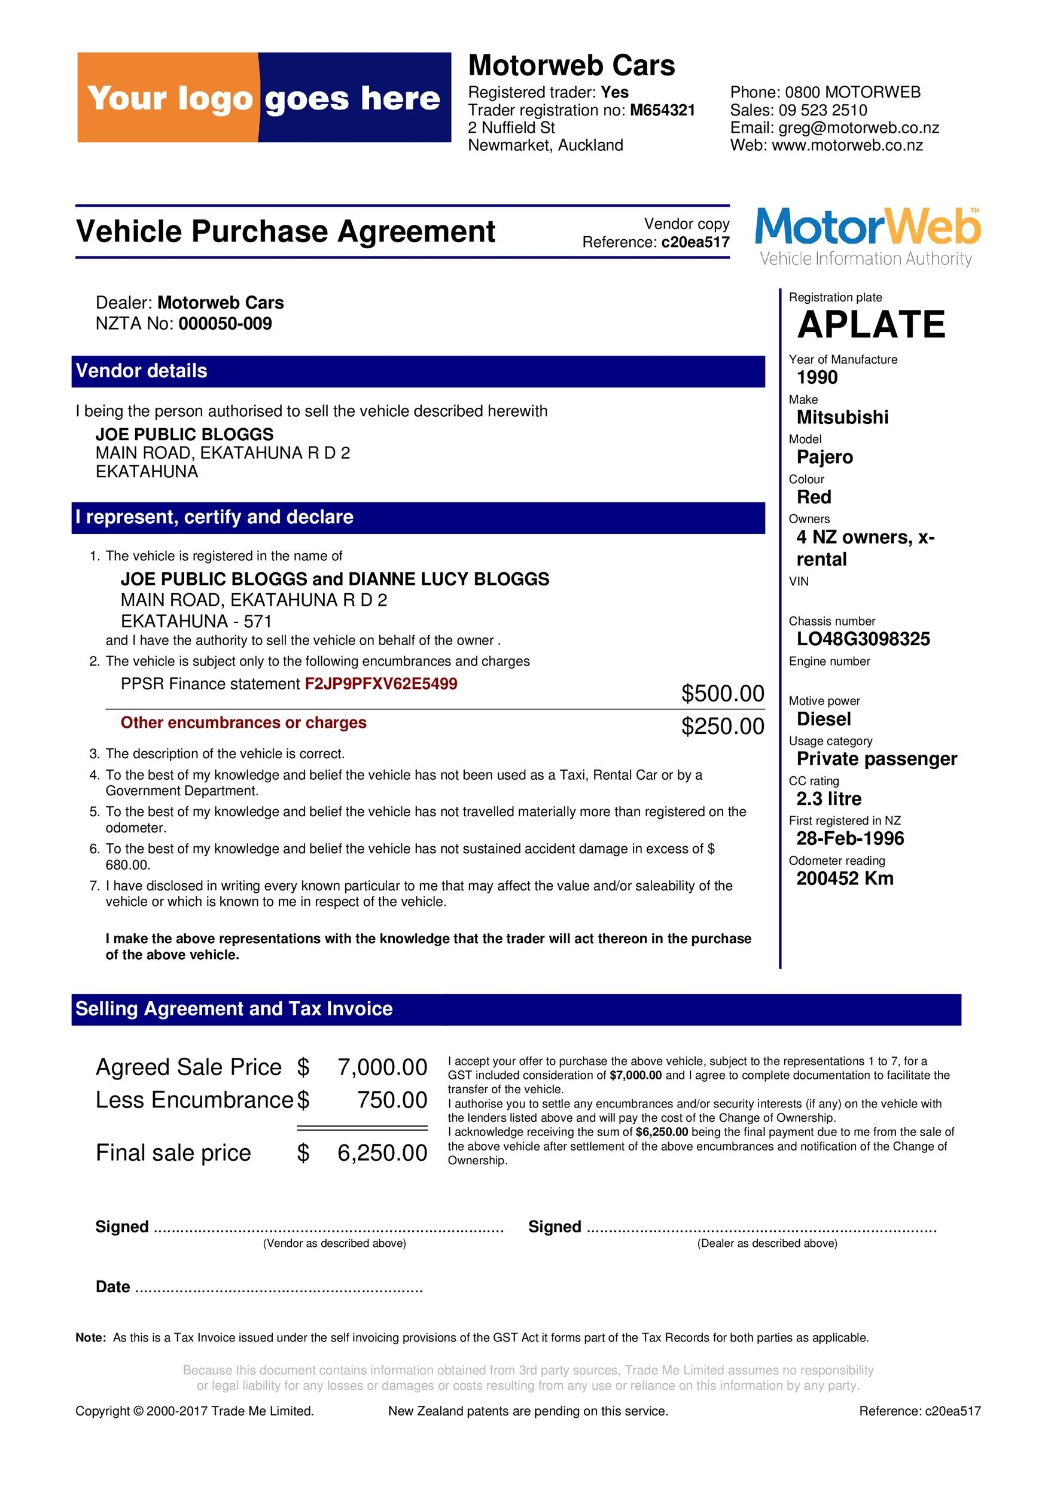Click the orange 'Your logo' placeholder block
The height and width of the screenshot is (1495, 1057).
point(168,97)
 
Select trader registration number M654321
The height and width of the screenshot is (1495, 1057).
point(662,110)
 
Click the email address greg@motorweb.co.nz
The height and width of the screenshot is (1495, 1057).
point(858,127)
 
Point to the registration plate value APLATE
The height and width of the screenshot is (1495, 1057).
point(871,324)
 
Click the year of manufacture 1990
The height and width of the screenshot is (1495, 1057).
point(817,378)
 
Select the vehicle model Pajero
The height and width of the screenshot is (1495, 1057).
point(824,457)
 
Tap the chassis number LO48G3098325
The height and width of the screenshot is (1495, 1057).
point(863,639)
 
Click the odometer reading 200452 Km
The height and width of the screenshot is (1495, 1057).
point(845,878)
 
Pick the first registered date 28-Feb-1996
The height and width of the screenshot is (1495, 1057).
point(850,838)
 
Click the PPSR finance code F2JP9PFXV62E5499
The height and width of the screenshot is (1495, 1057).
point(381,684)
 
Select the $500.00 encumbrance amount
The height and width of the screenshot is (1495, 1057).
point(722,694)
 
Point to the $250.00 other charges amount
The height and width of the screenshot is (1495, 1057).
point(722,726)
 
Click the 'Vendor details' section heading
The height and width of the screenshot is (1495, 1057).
point(141,371)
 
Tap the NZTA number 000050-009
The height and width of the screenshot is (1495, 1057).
point(226,324)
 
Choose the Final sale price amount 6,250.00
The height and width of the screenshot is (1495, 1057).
point(382,1152)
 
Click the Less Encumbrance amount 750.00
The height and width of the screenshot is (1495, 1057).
point(392,1100)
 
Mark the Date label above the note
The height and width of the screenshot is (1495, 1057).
point(112,1287)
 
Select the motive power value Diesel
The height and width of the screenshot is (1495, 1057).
point(823,719)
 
